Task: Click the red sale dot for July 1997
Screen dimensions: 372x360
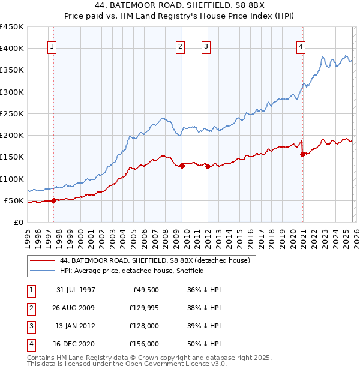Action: click(x=54, y=200)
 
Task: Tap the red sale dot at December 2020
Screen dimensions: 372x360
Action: click(x=302, y=154)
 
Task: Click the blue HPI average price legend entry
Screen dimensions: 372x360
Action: click(x=132, y=271)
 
